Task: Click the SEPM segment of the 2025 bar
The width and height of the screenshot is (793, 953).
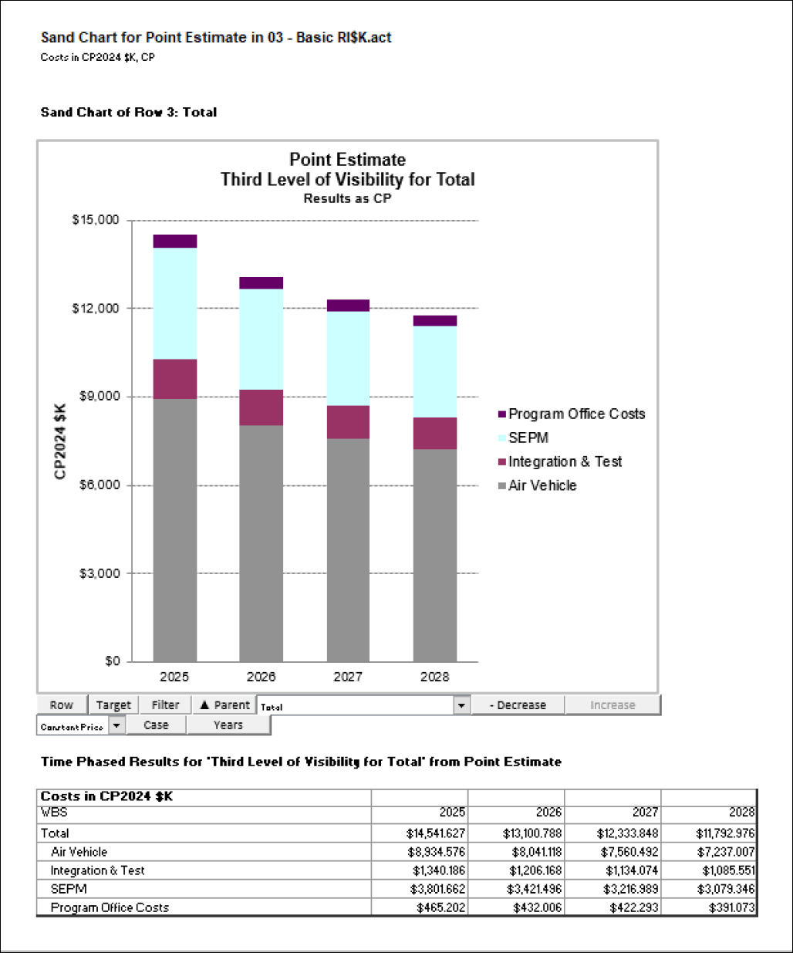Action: point(174,303)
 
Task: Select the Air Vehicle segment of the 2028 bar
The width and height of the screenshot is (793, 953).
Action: point(434,555)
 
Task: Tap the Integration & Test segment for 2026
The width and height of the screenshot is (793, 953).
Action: point(261,407)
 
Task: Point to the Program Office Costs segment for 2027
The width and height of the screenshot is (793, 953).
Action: point(348,306)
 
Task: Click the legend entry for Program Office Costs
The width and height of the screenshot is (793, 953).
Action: point(575,414)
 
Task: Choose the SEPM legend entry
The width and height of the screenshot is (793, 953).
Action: point(528,438)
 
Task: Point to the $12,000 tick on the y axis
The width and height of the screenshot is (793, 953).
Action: point(96,309)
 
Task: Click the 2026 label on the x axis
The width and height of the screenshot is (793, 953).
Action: point(261,677)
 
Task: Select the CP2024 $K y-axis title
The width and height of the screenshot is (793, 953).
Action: point(60,441)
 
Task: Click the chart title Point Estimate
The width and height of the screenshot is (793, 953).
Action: point(347,160)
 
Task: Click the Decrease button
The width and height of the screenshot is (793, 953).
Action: point(518,705)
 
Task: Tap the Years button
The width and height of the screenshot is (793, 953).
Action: point(228,725)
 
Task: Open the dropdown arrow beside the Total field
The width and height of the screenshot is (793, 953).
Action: point(461,705)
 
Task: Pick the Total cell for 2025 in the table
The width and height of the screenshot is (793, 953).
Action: point(436,833)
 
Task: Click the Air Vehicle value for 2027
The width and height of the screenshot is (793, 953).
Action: point(627,852)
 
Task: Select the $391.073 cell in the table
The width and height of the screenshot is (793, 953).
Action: point(731,907)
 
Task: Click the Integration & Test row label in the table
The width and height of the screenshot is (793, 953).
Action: point(98,870)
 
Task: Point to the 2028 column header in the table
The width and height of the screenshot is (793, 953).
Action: point(741,812)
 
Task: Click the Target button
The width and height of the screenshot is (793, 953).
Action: point(113,705)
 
